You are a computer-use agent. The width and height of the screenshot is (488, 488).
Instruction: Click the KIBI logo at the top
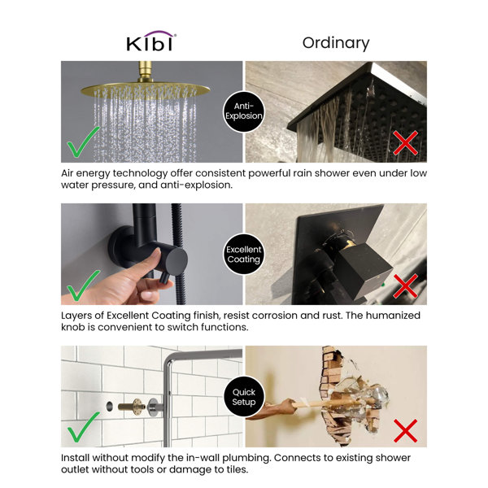[150, 42]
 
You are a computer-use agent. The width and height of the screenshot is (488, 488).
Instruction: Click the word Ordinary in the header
[335, 42]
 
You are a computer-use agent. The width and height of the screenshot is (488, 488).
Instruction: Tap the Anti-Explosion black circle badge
[244, 111]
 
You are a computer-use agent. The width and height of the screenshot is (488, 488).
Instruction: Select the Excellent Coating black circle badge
[244, 254]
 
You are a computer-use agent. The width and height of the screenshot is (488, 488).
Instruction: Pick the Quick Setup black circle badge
[244, 396]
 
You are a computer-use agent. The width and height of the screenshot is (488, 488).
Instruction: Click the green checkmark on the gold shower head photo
[84, 143]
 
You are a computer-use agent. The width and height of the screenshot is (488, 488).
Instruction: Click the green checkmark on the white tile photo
[84, 428]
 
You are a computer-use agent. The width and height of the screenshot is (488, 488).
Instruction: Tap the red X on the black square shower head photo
[404, 144]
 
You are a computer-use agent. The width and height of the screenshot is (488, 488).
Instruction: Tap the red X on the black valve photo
[404, 286]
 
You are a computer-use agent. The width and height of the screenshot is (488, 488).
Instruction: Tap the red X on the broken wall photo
[404, 429]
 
